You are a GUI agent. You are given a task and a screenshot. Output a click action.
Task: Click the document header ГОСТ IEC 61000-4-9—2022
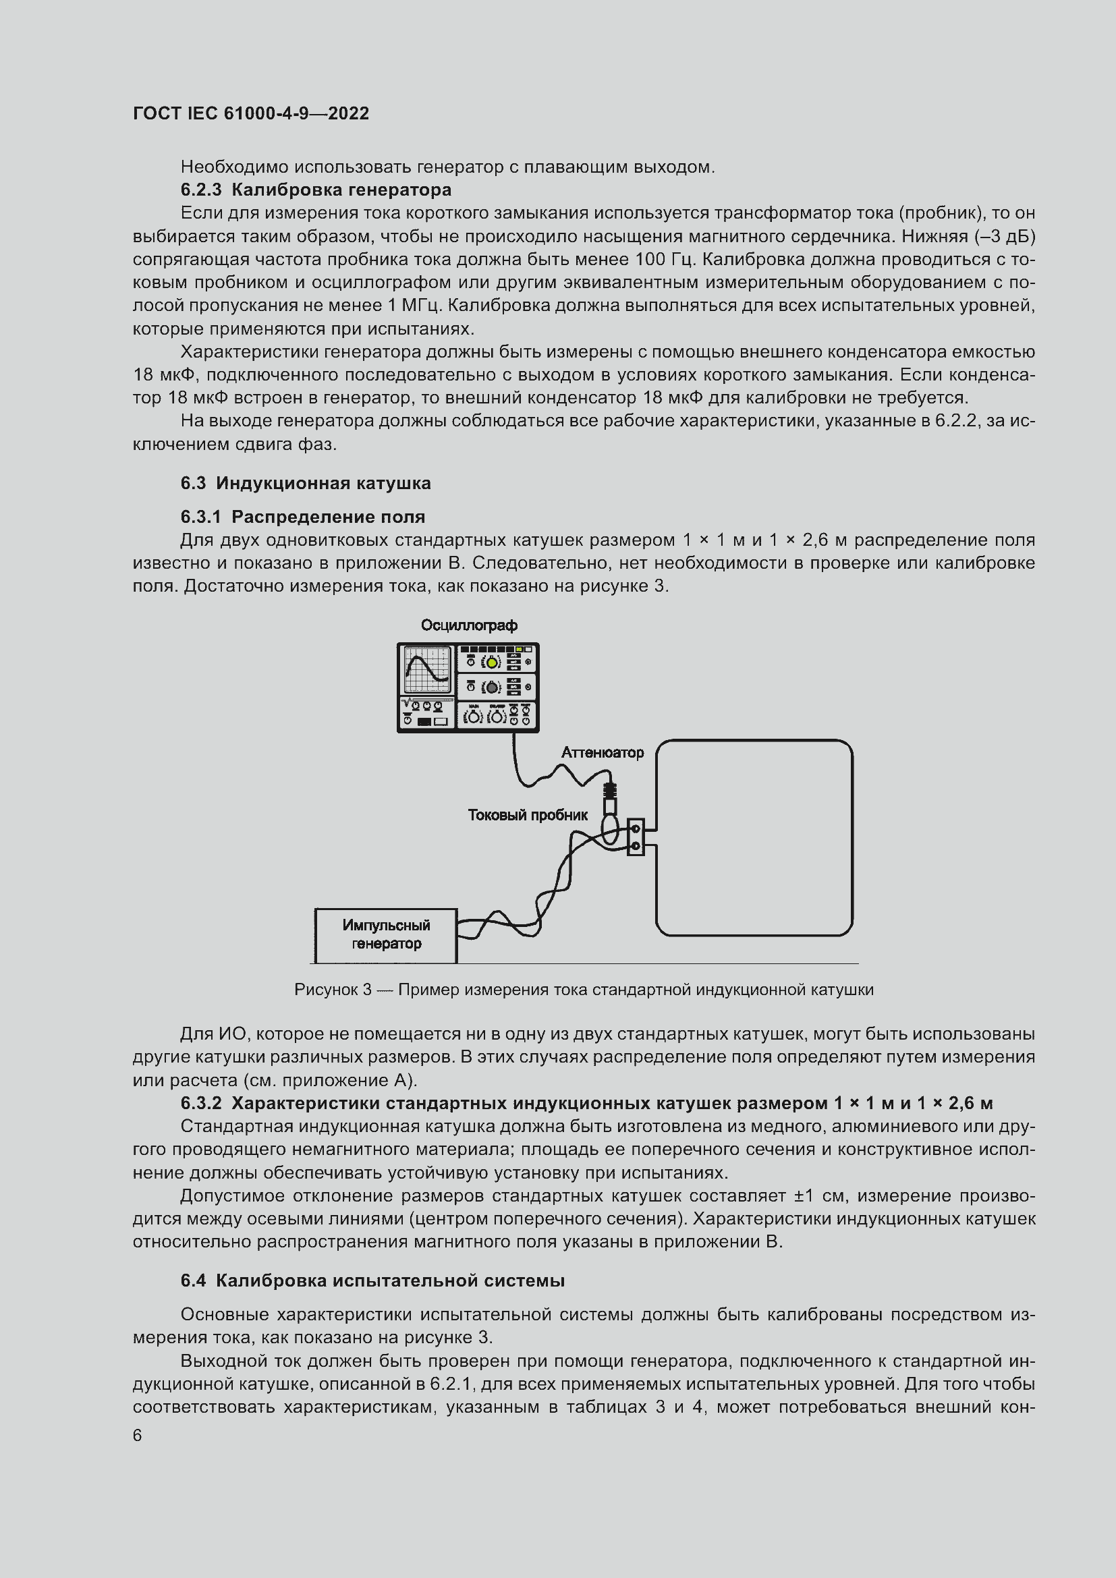click(x=251, y=113)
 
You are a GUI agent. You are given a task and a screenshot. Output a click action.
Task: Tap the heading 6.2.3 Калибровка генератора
click(x=316, y=189)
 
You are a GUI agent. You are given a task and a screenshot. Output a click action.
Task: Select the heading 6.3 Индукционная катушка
click(x=306, y=483)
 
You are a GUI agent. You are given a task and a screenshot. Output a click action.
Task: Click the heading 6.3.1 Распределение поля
click(x=303, y=517)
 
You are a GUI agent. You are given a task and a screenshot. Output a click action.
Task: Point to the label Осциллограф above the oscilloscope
click(x=470, y=625)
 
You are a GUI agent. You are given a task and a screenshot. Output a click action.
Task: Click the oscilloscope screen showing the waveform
click(x=426, y=670)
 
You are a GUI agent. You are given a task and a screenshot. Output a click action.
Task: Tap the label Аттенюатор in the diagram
click(x=603, y=753)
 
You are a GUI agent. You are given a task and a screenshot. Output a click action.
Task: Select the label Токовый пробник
click(x=528, y=815)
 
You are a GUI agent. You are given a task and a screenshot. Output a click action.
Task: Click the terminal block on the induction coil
click(x=636, y=837)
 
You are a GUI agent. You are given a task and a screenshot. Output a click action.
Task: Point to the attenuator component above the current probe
click(x=610, y=797)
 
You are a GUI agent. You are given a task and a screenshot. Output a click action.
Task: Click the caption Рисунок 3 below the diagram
click(x=584, y=990)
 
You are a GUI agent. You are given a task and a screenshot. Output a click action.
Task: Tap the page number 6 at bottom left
click(x=138, y=1436)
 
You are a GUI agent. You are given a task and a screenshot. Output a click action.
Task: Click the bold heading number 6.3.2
click(x=201, y=1103)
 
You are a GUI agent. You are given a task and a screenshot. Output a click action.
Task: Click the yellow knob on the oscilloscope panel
click(x=492, y=663)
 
